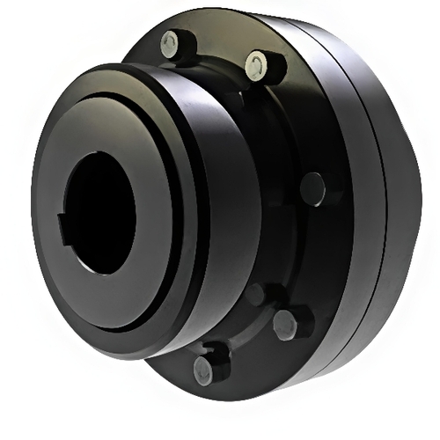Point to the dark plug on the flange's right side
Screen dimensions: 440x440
coord(311,188)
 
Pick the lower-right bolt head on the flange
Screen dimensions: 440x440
coord(285,325)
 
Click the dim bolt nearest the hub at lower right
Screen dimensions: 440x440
coord(254,293)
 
